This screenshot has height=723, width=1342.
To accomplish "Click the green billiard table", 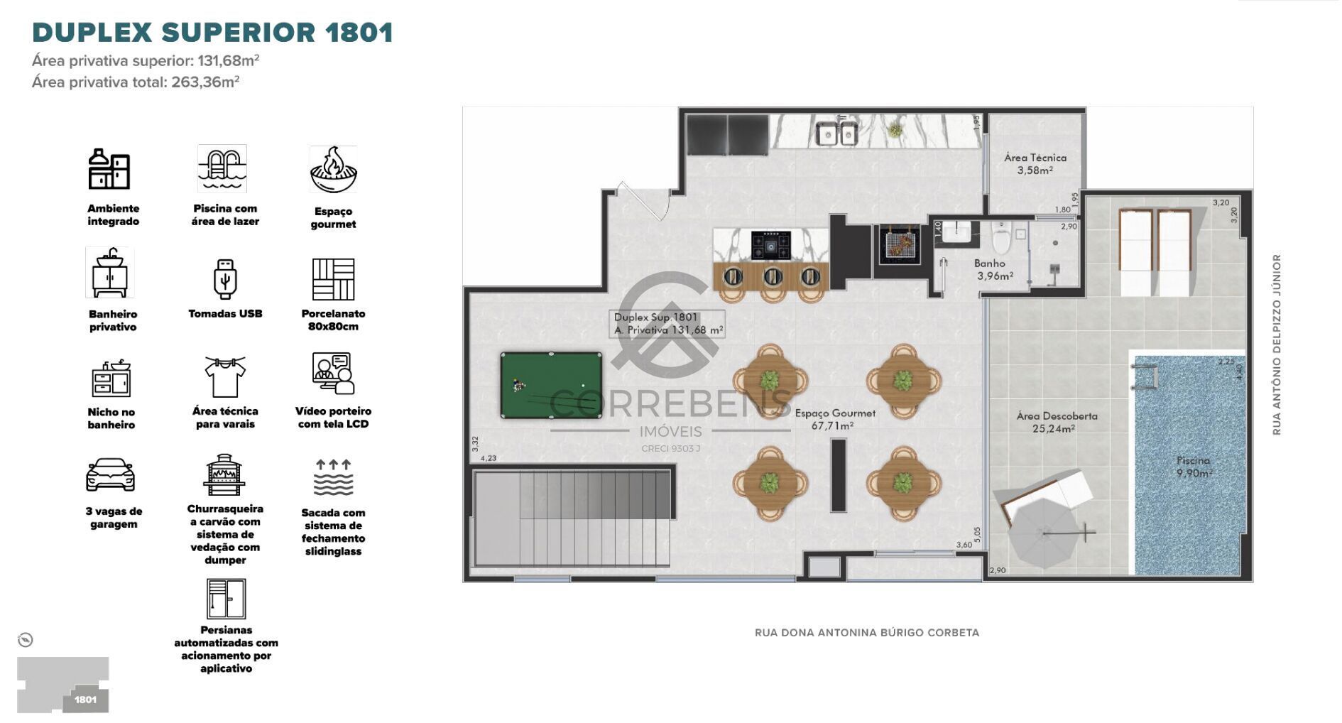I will (x=551, y=385).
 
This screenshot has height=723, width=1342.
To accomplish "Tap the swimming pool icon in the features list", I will (x=222, y=169).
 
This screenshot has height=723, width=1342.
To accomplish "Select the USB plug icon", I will (x=224, y=279).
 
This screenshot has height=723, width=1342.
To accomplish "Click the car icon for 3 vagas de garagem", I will (x=110, y=474).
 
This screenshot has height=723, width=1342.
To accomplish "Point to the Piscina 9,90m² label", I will (x=1193, y=467).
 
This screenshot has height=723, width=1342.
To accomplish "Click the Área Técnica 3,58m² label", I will (x=1035, y=164).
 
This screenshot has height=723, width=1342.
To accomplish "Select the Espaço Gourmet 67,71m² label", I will (x=834, y=419).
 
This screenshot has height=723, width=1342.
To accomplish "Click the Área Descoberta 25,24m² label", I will (x=1057, y=422).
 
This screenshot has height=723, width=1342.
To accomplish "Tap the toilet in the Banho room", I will (x=1002, y=239).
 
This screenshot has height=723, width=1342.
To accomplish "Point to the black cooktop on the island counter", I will (x=770, y=245).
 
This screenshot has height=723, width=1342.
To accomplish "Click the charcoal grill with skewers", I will (x=900, y=245).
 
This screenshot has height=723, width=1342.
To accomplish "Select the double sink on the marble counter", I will (x=837, y=133).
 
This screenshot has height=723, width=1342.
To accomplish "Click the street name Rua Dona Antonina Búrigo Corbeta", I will (x=866, y=632).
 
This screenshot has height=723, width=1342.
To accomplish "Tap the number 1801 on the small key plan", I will (x=85, y=700).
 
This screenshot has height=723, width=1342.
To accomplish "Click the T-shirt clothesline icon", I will (x=224, y=376).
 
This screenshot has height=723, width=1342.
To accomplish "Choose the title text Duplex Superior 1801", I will (x=212, y=33).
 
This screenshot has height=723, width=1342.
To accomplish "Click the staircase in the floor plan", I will (x=572, y=518).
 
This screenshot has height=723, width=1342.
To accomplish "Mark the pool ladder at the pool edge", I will (x=1145, y=376).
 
